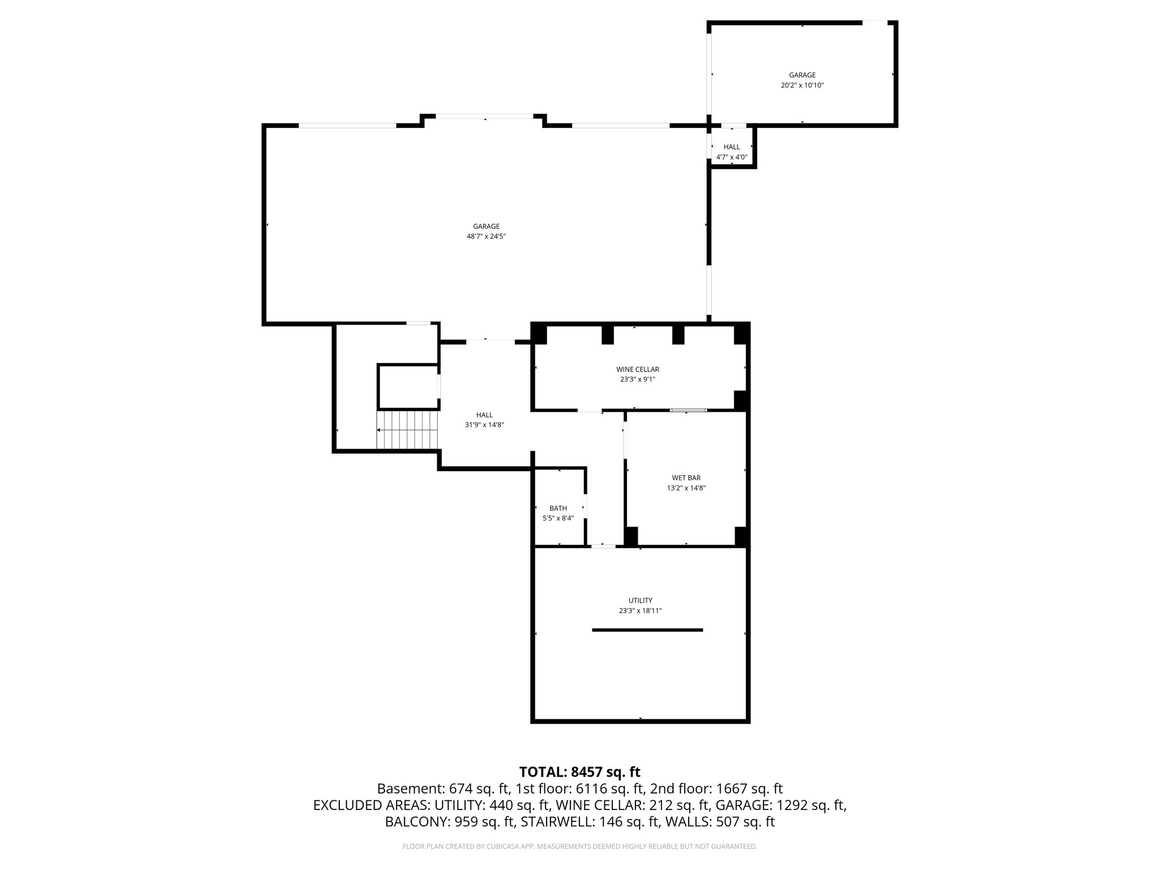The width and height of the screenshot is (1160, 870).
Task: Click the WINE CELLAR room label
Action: coord(637,369)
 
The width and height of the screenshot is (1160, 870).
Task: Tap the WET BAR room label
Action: coord(686,478)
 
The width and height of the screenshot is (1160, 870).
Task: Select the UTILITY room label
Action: coord(640,600)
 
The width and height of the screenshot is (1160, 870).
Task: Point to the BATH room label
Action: coord(558,508)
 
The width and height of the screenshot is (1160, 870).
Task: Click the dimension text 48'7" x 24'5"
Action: coord(486,237)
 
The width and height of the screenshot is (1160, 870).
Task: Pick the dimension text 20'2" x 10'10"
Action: coord(802,86)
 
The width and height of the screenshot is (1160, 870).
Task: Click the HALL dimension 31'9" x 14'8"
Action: coord(484,424)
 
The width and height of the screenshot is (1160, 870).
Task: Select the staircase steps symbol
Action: coord(408,430)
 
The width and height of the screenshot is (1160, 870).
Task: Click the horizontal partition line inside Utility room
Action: coord(647,630)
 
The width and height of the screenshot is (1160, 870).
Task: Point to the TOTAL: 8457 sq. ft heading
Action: coord(579,772)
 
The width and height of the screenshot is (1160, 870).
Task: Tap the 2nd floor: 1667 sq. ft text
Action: coord(716,788)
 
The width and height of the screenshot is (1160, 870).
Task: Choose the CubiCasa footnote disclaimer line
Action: coord(579,847)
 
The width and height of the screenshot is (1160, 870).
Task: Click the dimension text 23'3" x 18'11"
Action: coord(640,611)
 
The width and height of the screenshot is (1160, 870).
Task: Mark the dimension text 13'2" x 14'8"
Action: coord(686,488)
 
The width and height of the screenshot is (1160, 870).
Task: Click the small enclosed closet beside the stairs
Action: coord(408,387)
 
